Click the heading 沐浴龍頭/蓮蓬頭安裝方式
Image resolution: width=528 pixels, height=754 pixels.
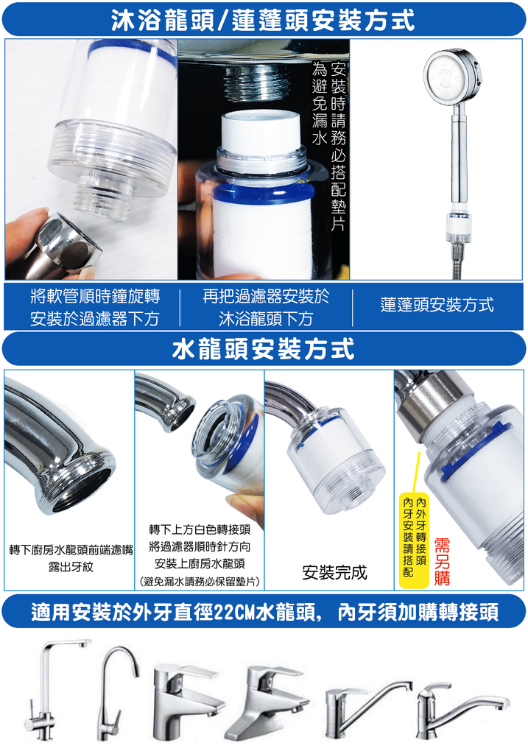(x=264, y=20)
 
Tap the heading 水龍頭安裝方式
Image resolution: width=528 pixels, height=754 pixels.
(x=264, y=348)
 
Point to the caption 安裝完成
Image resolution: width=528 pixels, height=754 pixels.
(x=334, y=572)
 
